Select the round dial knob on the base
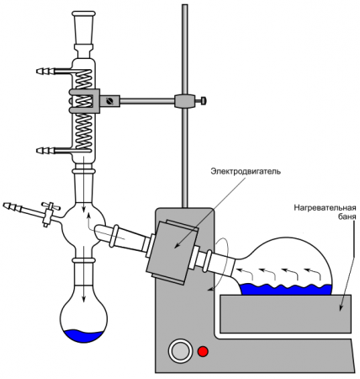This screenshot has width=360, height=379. coord(179,350)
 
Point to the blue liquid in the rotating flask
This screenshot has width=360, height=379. coord(286,289)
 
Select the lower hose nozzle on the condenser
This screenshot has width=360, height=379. coord(42,151)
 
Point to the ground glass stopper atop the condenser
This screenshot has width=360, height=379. coord(82,29)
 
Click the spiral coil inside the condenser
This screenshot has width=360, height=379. coord(83,109)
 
